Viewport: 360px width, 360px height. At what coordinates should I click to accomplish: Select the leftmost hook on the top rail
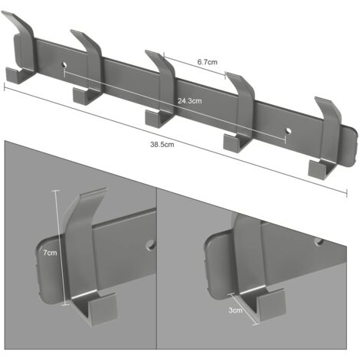point(23,54)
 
